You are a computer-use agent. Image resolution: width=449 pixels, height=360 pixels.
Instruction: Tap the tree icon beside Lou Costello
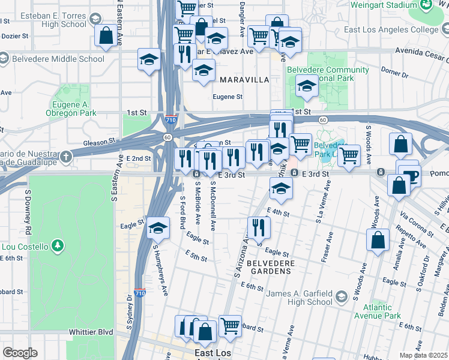pyautogui.click(x=58, y=245)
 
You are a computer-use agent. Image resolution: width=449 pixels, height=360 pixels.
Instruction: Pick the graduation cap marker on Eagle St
pyautogui.click(x=158, y=228)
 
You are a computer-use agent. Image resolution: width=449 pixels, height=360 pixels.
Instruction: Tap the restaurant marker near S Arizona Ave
pyautogui.click(x=259, y=227)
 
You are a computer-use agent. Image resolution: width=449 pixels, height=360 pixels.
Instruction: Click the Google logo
pyautogui.click(x=20, y=353)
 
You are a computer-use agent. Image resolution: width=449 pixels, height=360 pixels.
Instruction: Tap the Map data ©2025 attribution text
pyautogui.click(x=423, y=355)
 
